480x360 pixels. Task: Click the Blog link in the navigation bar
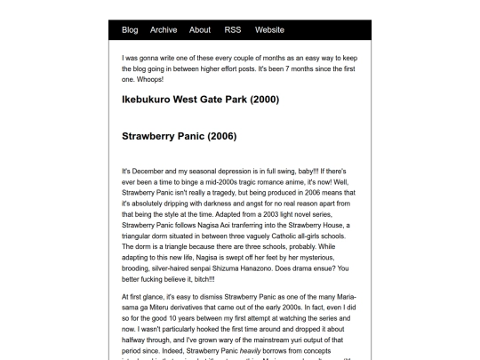(130, 30)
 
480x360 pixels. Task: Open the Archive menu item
(164, 30)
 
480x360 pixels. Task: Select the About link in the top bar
(200, 30)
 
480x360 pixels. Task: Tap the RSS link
(233, 30)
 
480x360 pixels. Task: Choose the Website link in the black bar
(269, 30)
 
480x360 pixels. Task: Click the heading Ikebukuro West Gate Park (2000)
(200, 100)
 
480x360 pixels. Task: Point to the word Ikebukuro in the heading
(148, 100)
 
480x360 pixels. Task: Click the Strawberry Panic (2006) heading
(179, 137)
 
